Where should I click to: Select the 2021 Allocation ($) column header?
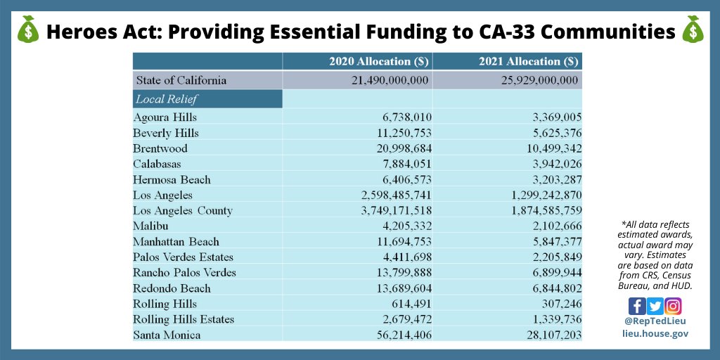click(x=528, y=61)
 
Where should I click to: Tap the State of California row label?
click(x=181, y=80)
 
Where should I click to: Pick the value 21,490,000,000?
click(x=390, y=80)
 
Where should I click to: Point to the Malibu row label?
click(x=150, y=226)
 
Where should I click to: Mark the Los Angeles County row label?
click(x=183, y=210)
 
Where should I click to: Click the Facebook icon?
click(x=637, y=307)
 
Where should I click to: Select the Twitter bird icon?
click(x=655, y=307)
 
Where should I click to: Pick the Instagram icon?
click(x=674, y=307)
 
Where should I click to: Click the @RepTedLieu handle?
click(x=655, y=321)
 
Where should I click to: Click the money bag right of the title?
click(x=693, y=30)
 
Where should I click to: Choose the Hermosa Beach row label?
click(x=172, y=179)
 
